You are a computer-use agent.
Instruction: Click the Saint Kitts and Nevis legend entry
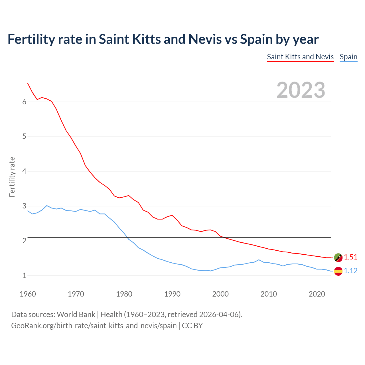(300, 57)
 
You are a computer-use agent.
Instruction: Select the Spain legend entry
(348, 57)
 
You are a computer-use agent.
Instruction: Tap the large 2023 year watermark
(301, 90)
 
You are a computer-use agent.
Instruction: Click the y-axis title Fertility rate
(12, 177)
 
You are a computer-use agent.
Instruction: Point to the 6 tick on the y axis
(24, 102)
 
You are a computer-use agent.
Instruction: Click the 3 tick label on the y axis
(24, 206)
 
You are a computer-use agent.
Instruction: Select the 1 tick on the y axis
(24, 275)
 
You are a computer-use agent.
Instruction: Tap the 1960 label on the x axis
(28, 294)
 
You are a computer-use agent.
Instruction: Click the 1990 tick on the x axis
(172, 294)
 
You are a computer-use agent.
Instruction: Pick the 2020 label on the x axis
(317, 294)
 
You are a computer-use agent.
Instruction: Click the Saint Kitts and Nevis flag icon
(338, 257)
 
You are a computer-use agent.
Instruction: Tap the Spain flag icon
(338, 271)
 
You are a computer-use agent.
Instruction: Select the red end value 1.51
(350, 257)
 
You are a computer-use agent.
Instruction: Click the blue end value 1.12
(350, 271)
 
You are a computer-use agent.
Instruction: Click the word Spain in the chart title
(256, 39)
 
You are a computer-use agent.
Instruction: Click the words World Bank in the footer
(76, 315)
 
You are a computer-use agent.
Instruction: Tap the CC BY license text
(192, 326)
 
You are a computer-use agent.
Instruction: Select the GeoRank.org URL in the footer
(94, 326)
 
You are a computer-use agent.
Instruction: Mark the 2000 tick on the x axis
(220, 294)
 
